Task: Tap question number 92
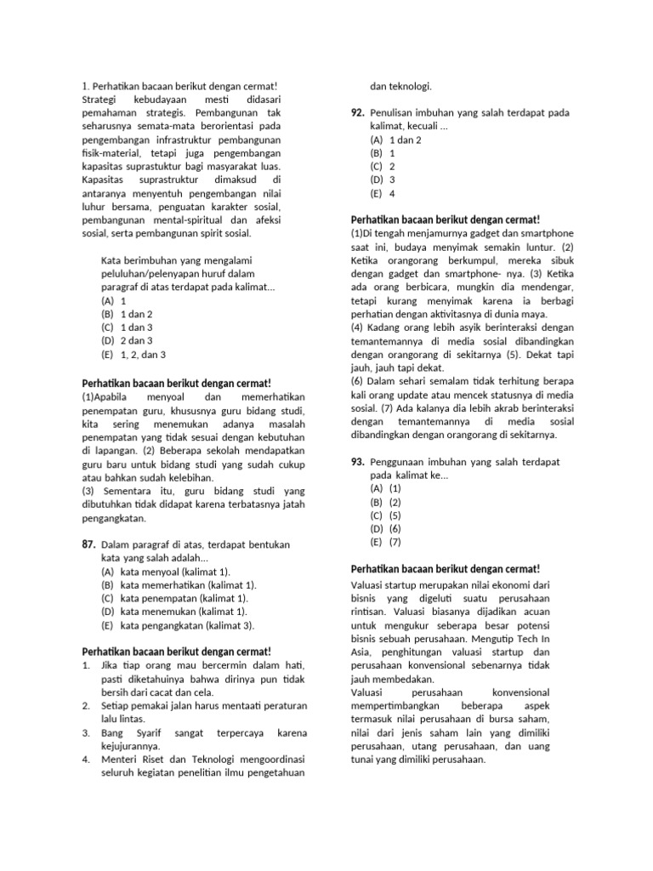coord(358,113)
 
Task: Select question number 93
coord(358,462)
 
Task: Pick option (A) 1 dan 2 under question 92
coord(395,140)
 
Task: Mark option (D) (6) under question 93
coord(385,528)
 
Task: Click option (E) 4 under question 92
coord(383,193)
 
